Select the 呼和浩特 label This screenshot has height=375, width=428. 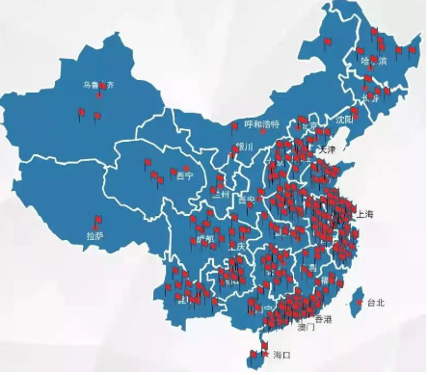[261, 124]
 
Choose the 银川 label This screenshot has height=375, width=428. [243, 147]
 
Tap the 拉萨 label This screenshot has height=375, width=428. [94, 234]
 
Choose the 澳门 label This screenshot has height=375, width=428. [307, 328]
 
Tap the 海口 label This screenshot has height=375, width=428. [281, 356]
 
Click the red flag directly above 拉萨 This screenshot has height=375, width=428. [96, 219]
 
